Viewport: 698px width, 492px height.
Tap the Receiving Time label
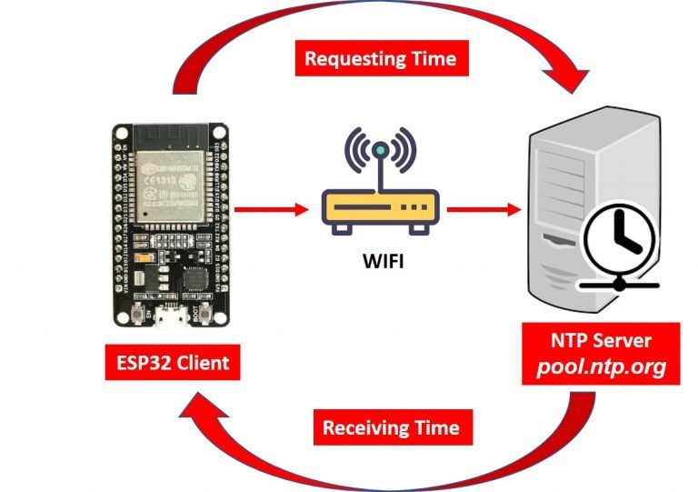click(x=391, y=427)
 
